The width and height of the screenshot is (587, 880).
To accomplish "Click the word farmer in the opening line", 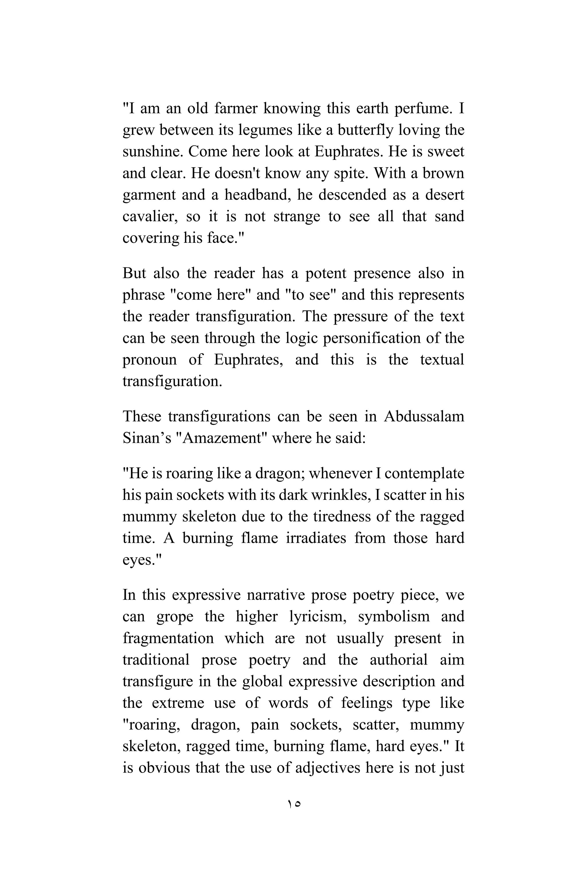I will pyautogui.click(x=236, y=109).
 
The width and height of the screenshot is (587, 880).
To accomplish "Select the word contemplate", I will pyautogui.click(x=424, y=474).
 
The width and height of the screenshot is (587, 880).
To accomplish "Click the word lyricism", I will pyautogui.click(x=318, y=616).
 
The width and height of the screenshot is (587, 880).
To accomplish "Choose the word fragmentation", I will pyautogui.click(x=168, y=638).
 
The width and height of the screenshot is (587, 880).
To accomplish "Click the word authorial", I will pyautogui.click(x=398, y=660).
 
